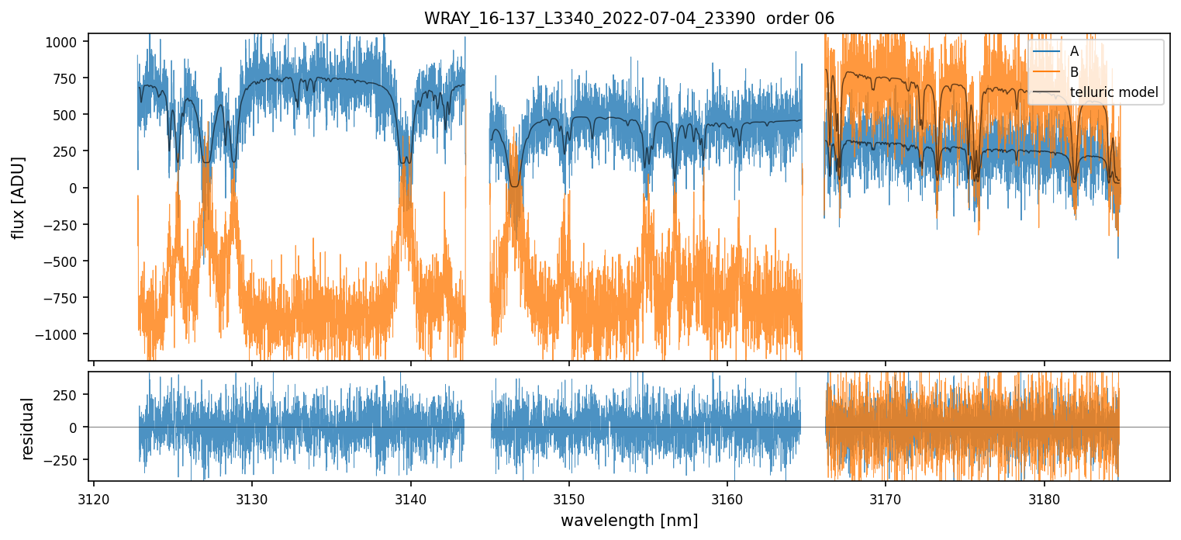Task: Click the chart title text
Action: pyautogui.click(x=629, y=19)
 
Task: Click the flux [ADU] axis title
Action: pyautogui.click(x=17, y=197)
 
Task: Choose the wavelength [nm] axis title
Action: pyautogui.click(x=629, y=521)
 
